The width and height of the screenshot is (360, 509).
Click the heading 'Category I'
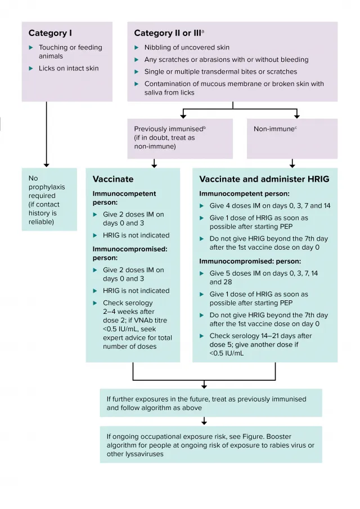[50, 33]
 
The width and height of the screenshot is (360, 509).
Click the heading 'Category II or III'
[168, 33]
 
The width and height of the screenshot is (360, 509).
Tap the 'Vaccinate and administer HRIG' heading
[264, 179]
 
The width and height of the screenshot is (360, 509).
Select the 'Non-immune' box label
[274, 129]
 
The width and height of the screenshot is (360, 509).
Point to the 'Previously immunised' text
[169, 129]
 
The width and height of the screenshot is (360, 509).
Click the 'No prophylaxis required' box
[49, 199]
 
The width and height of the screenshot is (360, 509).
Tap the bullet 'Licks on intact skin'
[69, 68]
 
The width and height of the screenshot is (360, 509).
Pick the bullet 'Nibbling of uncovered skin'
[187, 47]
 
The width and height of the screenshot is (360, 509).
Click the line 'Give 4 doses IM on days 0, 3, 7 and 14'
[270, 206]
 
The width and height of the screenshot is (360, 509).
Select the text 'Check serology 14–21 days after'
[260, 336]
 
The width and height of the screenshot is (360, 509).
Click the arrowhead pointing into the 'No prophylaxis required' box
[47, 165]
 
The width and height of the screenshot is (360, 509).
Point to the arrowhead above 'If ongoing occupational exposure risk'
[204, 422]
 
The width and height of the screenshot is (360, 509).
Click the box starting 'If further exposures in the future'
[211, 403]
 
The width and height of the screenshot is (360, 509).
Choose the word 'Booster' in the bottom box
[279, 436]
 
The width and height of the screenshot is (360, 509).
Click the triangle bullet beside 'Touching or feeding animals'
[31, 47]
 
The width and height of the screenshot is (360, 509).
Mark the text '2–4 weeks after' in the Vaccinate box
[129, 312]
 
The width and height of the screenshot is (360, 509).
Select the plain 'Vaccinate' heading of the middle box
[113, 179]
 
